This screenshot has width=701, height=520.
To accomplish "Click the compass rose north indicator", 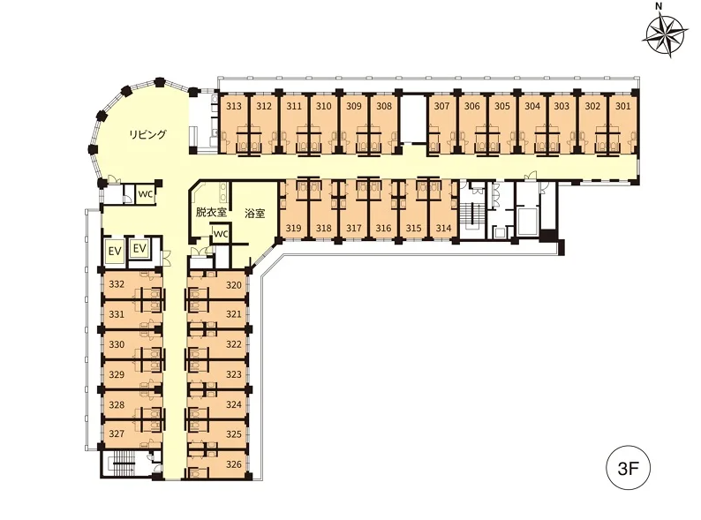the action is tap(667, 36).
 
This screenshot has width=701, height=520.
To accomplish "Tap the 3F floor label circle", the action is tap(628, 469).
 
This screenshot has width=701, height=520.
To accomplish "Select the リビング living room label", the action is tap(147, 134).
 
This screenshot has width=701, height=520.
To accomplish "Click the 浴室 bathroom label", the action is tap(255, 214).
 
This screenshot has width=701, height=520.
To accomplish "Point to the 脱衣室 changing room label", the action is tap(212, 212).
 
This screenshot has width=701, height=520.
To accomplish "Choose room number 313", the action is tap(234, 106).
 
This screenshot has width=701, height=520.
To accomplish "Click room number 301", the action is tap(622, 106).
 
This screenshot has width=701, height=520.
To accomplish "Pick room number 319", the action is tap(293, 228).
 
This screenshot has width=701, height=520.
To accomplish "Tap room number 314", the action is tap(443, 228).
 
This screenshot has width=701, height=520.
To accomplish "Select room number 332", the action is tap(117, 284).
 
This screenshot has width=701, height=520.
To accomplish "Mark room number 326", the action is tap(234, 464).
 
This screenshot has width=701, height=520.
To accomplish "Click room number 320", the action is tap(234, 285).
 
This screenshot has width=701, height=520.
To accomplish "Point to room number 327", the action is tap(117, 433).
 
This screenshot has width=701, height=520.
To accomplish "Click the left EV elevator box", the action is tap(115, 251).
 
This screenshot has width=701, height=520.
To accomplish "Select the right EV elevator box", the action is tap(139, 248).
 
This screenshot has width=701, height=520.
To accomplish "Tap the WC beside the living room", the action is tap(146, 194).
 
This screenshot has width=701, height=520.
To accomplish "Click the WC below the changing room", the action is tap(221, 234).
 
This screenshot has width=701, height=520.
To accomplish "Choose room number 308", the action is tap(384, 106).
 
